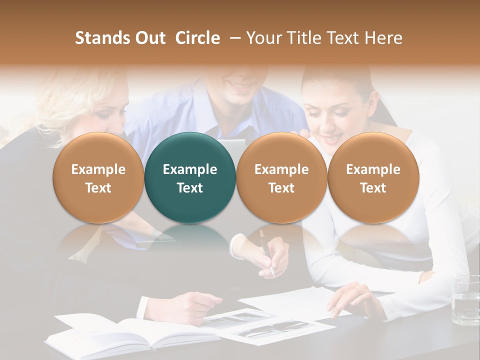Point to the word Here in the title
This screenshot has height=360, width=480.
tap(383, 38)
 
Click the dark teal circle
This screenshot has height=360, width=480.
tap(190, 177)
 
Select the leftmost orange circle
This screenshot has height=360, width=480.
tap(98, 177)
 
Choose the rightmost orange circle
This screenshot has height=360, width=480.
tap(373, 177)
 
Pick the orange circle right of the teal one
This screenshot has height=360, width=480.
tap(281, 177)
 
